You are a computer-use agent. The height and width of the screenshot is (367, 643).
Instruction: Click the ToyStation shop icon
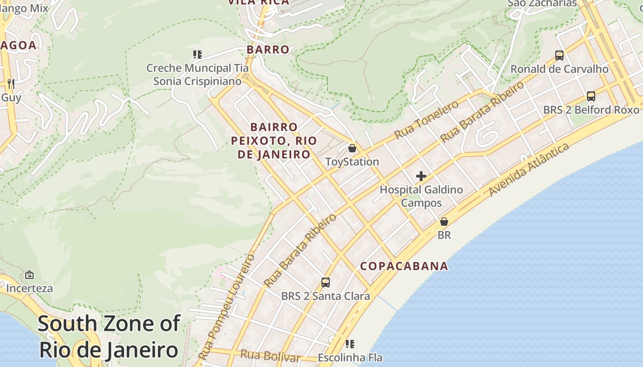click(352, 148)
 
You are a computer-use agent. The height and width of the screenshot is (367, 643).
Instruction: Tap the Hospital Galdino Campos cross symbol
click(421, 176)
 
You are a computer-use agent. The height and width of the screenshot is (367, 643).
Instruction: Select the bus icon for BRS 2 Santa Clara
click(326, 283)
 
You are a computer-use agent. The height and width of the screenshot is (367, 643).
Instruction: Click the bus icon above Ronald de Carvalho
click(559, 56)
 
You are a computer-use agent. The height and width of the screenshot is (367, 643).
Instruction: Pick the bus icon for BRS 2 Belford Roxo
click(591, 96)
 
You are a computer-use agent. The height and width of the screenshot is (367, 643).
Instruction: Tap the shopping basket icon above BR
click(444, 222)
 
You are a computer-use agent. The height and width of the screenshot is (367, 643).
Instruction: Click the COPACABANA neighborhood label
click(404, 266)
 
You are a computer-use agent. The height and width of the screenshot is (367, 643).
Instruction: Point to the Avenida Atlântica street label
click(529, 169)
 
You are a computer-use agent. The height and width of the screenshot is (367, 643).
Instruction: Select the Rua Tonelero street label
click(427, 120)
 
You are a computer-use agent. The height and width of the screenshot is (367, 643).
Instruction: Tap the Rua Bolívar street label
click(270, 356)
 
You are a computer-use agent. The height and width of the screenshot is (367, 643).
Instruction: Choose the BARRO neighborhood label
click(268, 50)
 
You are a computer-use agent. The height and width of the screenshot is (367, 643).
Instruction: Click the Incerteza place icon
click(29, 275)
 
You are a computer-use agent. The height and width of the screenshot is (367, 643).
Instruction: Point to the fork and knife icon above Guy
click(11, 83)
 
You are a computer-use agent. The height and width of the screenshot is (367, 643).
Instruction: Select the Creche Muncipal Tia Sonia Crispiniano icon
click(197, 55)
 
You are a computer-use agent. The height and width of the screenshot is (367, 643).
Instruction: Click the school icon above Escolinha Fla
click(350, 344)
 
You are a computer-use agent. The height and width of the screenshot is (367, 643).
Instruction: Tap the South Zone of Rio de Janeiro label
click(109, 337)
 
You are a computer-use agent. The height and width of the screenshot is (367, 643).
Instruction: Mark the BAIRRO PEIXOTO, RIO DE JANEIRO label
click(274, 140)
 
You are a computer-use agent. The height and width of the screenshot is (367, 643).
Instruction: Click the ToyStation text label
click(352, 162)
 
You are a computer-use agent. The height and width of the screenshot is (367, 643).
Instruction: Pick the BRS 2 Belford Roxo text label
click(591, 110)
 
